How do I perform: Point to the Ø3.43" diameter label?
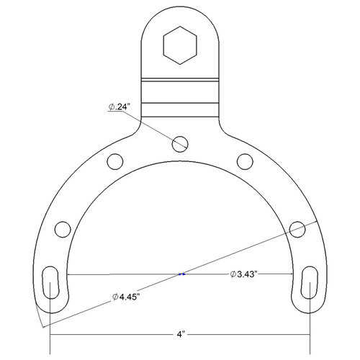click(x=248, y=274)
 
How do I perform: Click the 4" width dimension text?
click(x=181, y=335)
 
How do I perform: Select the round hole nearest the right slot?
click(x=298, y=229)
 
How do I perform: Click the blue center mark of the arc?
click(x=181, y=274)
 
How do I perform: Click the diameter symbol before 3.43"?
click(x=233, y=274)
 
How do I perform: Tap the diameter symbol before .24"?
click(x=112, y=107)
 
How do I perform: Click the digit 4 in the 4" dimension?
click(x=179, y=335)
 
